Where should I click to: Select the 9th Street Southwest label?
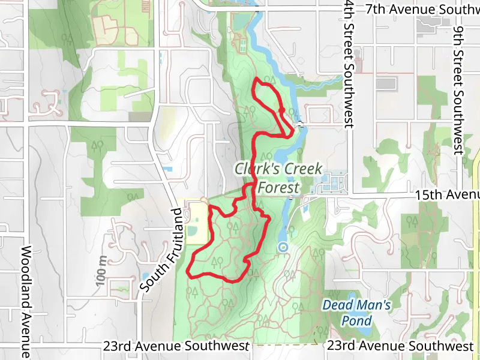coord(459,90)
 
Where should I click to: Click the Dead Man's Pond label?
coord(356,313)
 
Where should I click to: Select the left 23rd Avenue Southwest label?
coord(175,346)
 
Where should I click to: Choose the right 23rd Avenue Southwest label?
coord(400,346)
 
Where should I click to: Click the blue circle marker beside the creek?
coord(283,247)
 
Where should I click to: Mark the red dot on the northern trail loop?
coord(281,110)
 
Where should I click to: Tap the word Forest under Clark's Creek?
coord(278,186)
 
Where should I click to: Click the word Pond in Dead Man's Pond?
coord(356,320)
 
